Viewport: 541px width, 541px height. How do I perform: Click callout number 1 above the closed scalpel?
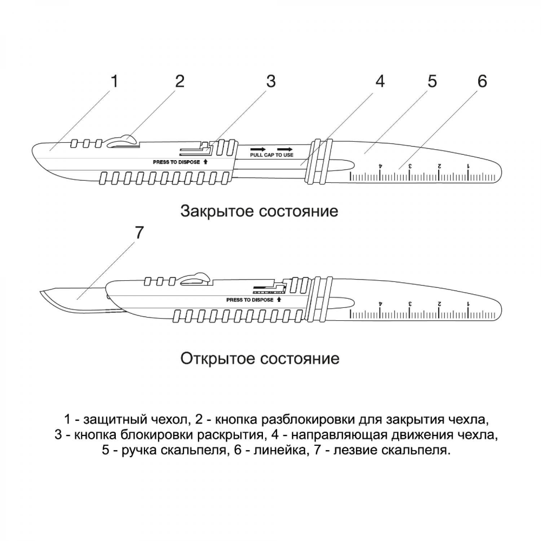coord(114,82)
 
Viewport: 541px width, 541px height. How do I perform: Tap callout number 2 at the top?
coord(180,82)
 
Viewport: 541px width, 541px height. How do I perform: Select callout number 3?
coord(271,82)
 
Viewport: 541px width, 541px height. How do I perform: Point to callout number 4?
coord(380,82)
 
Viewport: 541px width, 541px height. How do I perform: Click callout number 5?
coord(432,82)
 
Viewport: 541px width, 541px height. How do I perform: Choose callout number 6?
coord(482,82)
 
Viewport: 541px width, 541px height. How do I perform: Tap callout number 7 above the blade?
coord(139,233)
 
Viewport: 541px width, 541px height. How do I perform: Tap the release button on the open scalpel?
coord(195,279)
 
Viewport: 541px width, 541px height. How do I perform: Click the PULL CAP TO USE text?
coord(272,155)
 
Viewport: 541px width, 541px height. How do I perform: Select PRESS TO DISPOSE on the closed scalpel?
coord(176,162)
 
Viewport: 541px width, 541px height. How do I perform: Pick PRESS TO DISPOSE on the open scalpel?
coord(250,300)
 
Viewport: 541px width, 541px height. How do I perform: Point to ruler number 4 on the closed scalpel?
coord(380,166)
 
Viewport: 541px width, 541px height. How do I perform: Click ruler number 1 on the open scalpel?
coord(468,303)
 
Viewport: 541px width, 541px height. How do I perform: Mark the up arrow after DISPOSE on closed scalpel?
coord(206,162)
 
